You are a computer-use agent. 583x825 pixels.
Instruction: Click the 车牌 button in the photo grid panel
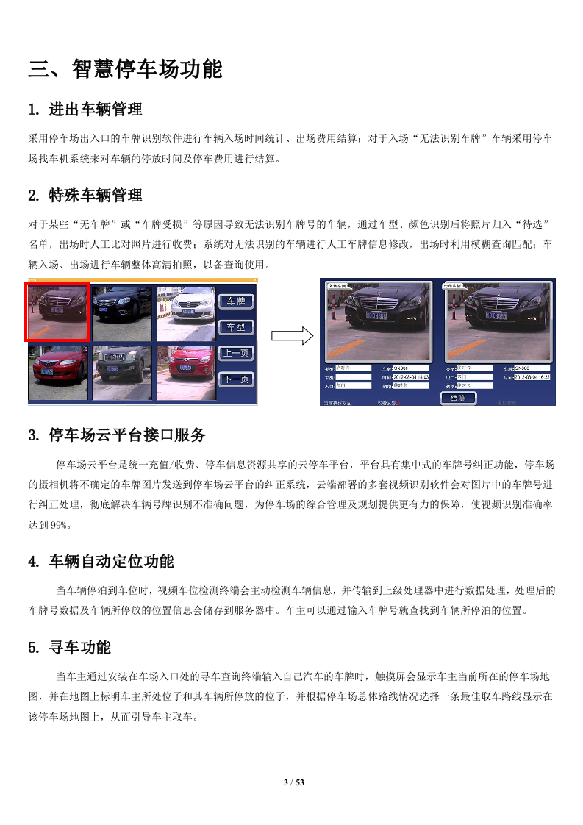236,301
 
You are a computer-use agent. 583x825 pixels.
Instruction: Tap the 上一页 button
236,353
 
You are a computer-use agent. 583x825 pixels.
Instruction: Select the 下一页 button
236,379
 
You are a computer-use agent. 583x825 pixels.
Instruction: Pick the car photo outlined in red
58,312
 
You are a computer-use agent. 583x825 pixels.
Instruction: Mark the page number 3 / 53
294,782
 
